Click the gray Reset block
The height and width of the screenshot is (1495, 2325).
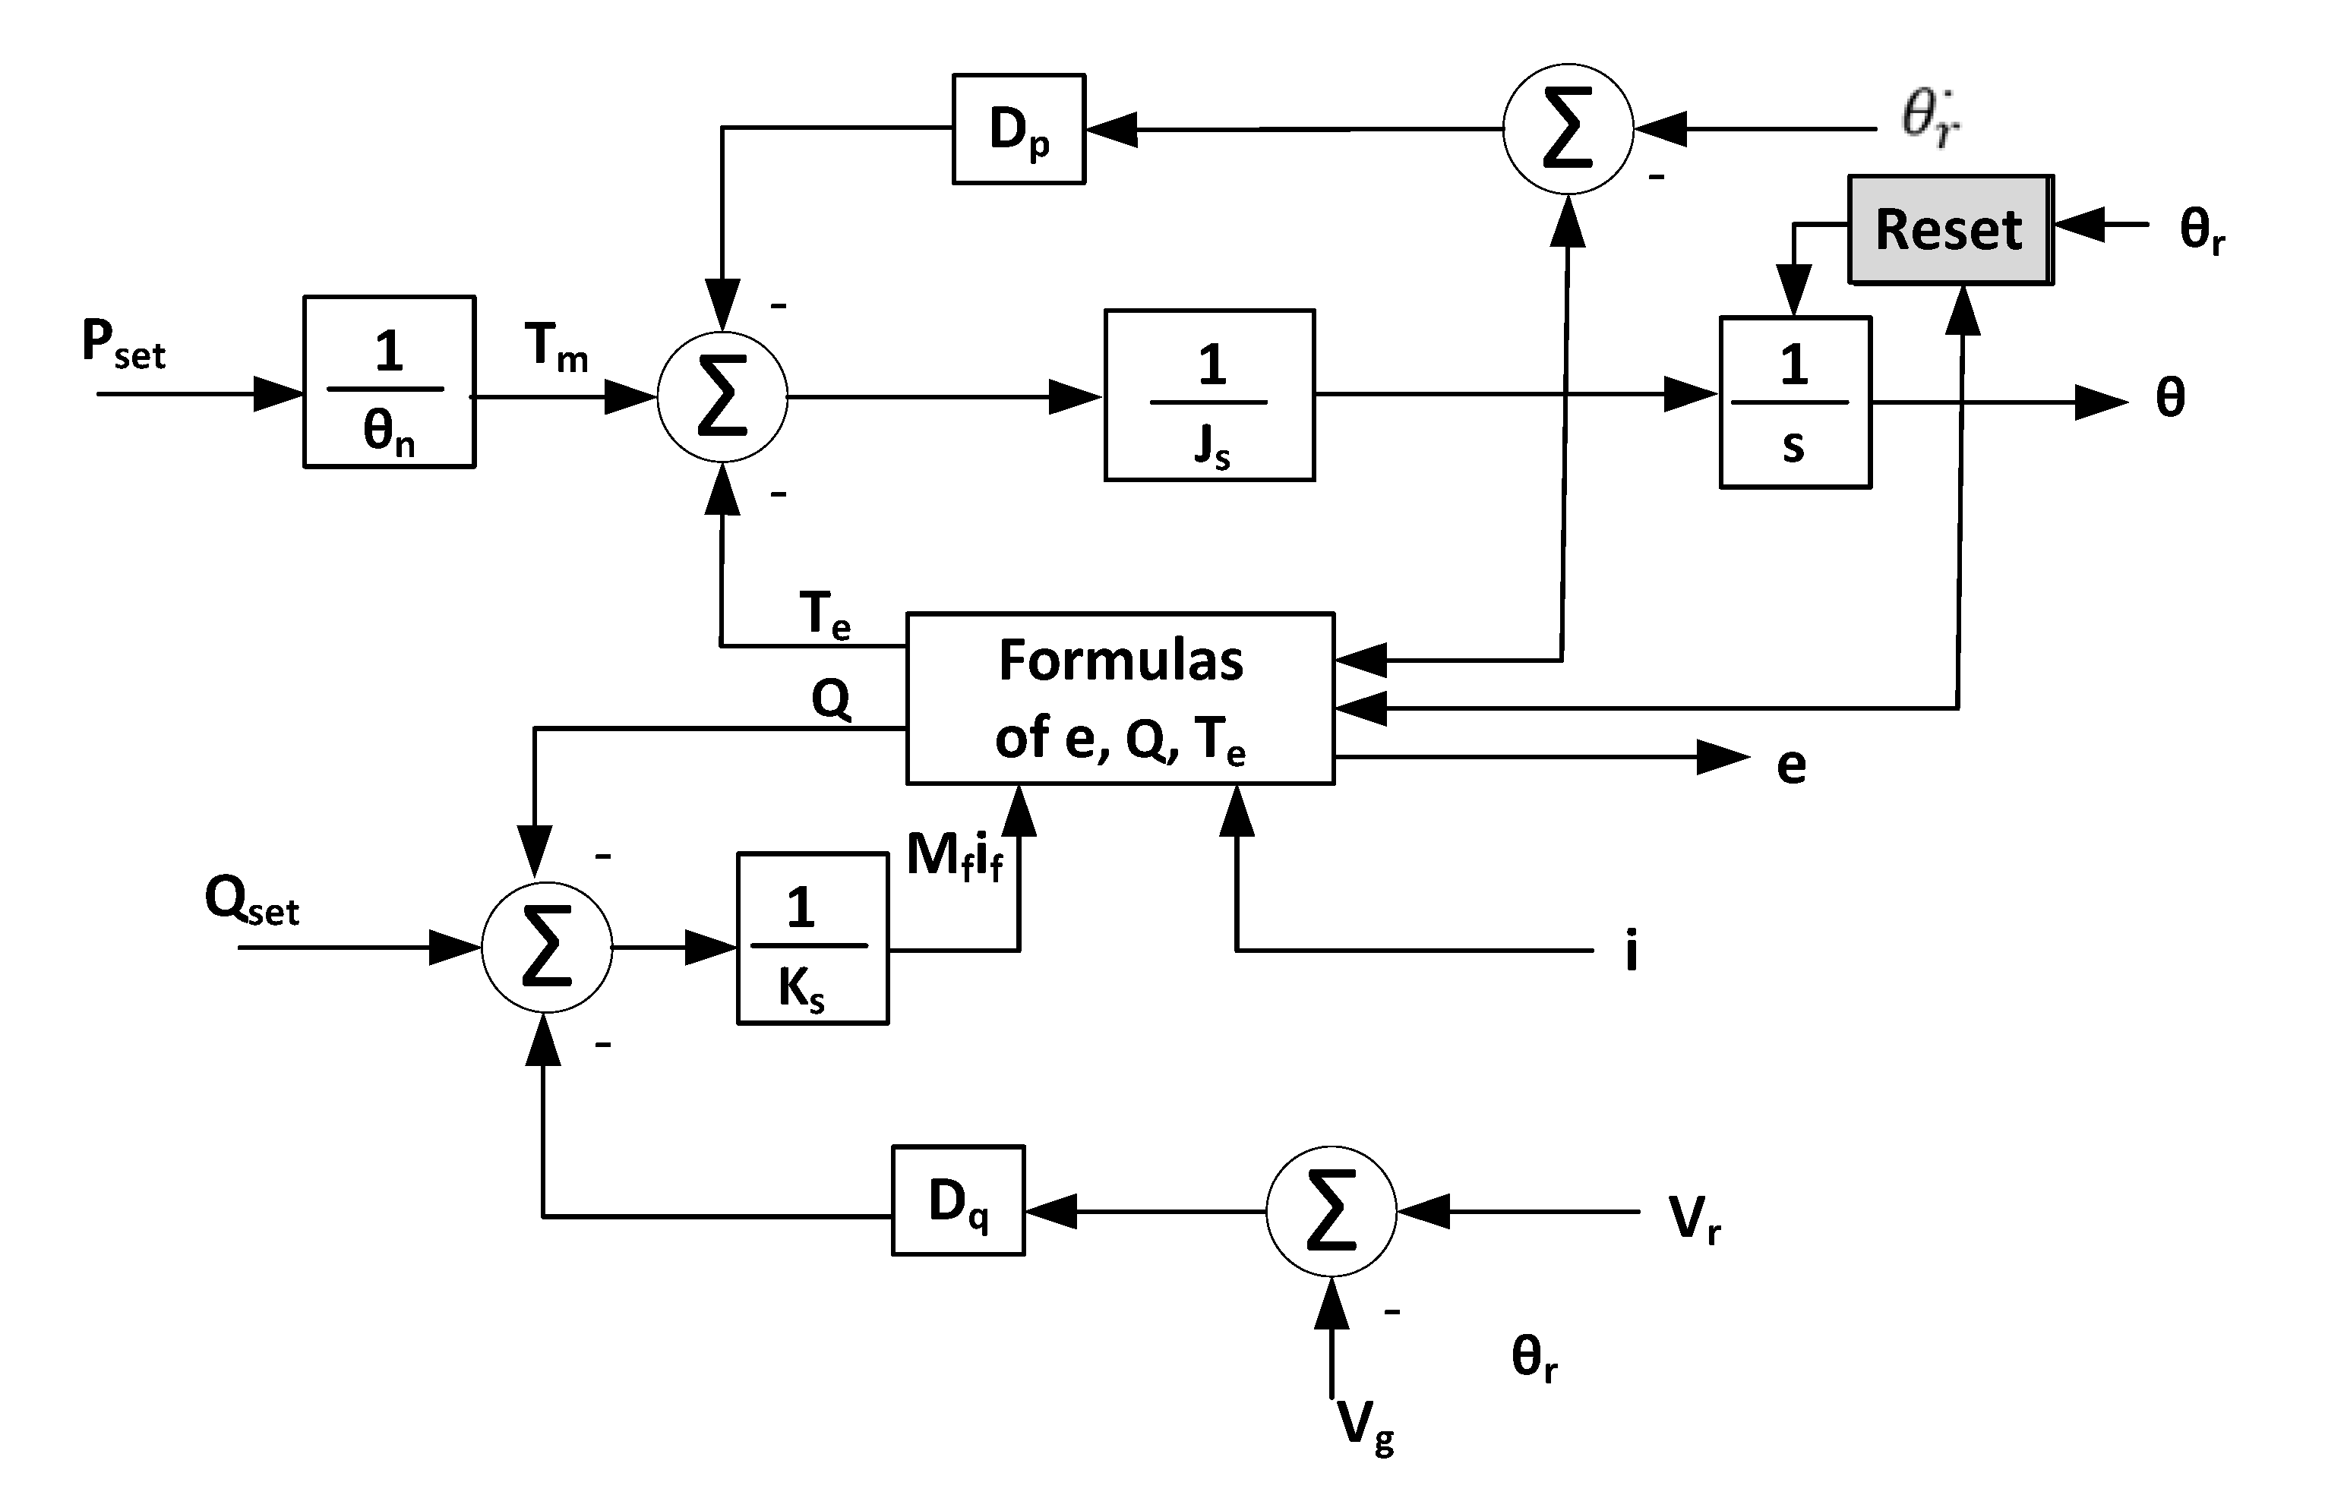point(1949,230)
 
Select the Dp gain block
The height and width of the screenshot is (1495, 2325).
point(1018,129)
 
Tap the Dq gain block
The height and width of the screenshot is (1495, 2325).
point(958,1201)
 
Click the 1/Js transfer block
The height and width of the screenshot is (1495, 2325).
point(1209,395)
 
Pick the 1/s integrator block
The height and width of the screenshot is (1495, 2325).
point(1795,402)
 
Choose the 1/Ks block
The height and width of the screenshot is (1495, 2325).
point(812,938)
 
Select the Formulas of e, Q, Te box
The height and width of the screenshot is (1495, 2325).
point(1120,698)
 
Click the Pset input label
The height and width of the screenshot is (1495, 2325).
point(123,345)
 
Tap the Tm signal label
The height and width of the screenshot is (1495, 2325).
point(555,346)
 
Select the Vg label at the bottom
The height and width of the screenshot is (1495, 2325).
point(1364,1425)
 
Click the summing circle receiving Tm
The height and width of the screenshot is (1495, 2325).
point(722,396)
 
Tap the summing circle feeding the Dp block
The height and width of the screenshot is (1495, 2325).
point(1568,128)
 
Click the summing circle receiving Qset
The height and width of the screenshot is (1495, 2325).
point(547,947)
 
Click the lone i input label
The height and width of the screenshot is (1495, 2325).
point(1632,949)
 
